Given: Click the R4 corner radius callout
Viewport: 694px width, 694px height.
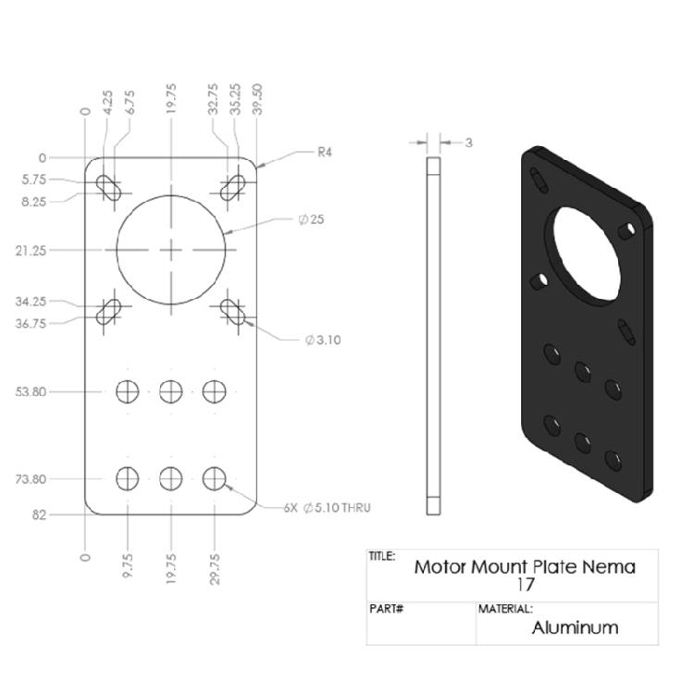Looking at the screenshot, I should (324, 153).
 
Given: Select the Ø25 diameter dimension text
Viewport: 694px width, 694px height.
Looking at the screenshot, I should (311, 220).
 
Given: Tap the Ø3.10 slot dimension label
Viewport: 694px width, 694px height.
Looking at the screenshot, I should (323, 340).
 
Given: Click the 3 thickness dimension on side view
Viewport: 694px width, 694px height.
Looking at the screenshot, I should (469, 143).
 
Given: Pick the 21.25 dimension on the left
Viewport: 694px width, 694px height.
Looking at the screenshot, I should (30, 250).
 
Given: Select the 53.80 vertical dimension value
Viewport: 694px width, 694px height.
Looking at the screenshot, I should (30, 391).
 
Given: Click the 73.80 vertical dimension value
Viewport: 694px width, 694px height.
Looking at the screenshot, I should (30, 479).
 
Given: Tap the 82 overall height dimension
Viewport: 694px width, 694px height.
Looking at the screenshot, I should (39, 514).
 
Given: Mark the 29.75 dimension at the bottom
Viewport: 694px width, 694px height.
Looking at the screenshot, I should (215, 568).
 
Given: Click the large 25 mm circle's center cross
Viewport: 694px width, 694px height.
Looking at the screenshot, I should (171, 250).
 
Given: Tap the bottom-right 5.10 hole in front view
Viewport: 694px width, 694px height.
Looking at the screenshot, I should (215, 478).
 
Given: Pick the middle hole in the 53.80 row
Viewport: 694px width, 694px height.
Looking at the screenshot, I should (171, 391).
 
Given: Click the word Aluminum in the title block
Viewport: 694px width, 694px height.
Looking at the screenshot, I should (574, 627).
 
